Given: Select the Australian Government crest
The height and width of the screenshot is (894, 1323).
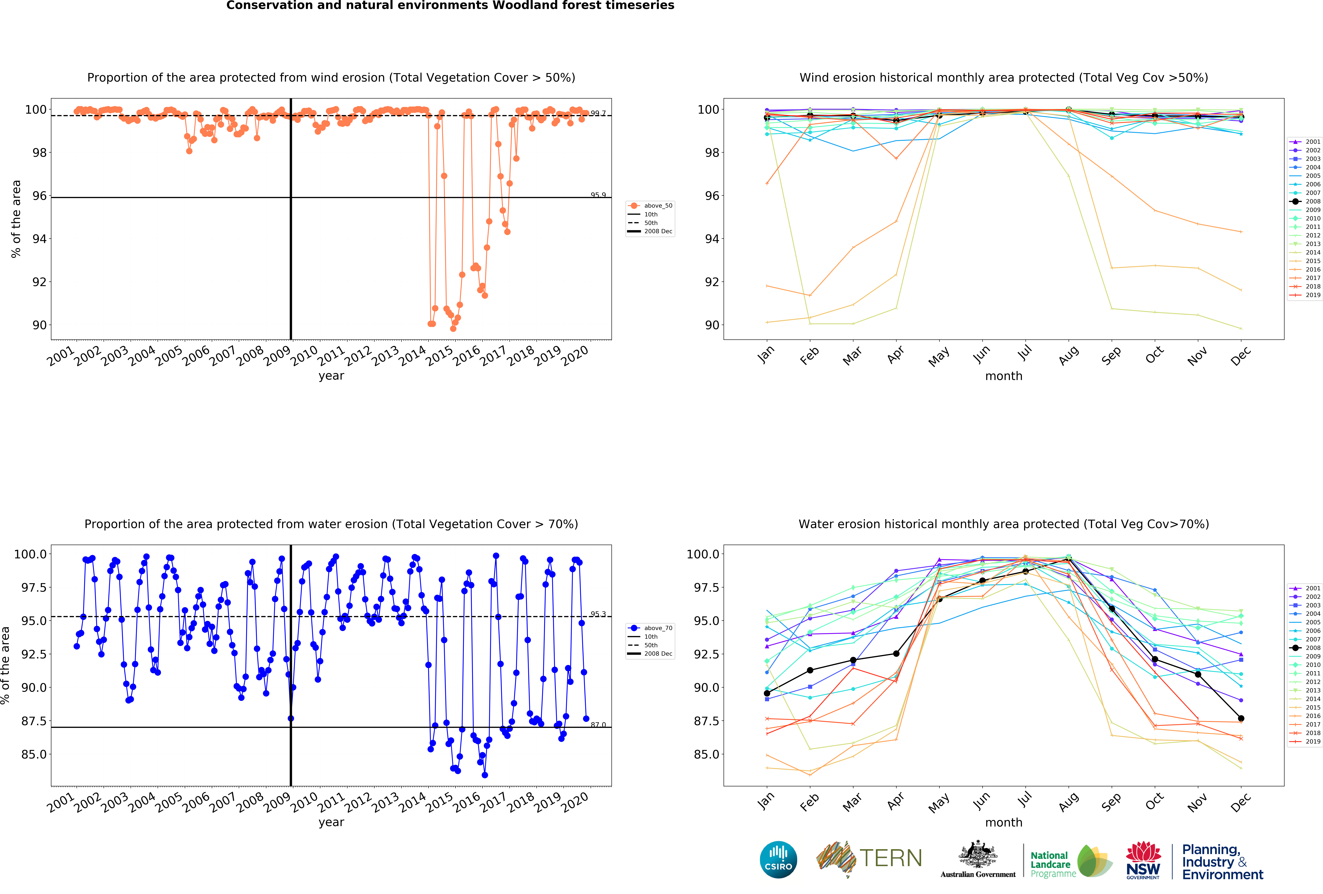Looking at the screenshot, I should [977, 854].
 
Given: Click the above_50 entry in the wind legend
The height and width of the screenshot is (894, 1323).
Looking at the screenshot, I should [658, 206].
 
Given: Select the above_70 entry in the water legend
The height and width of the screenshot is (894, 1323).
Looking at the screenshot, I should [658, 628].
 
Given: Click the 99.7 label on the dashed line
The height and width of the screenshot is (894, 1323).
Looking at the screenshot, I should [598, 113].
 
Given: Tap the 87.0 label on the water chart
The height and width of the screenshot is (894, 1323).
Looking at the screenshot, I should [598, 725].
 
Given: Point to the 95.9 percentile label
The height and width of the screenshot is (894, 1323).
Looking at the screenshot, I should [598, 195].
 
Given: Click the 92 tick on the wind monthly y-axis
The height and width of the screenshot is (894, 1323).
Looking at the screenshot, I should [712, 282].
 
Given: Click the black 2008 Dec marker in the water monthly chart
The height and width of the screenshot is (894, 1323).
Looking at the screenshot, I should [1241, 719].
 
